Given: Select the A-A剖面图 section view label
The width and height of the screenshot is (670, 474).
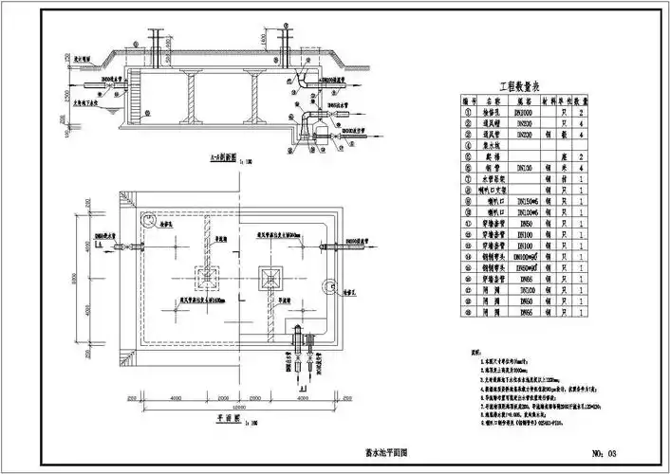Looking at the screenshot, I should tap(221, 161).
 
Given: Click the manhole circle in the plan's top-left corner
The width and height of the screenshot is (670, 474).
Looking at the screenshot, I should tap(146, 219).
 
